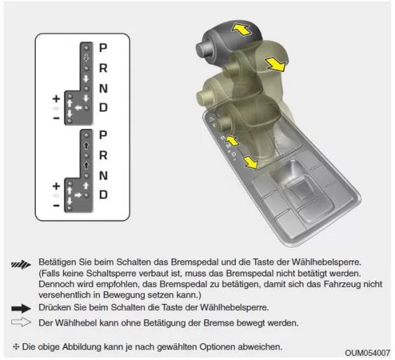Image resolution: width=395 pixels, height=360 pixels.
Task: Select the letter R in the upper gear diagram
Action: (103, 69)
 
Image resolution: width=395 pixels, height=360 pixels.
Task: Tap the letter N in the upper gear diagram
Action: (103, 89)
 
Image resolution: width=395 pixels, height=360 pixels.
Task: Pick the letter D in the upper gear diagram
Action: (103, 109)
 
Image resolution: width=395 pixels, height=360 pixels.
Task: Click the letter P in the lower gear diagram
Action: (103, 134)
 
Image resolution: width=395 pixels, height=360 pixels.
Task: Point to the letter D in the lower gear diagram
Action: (103, 194)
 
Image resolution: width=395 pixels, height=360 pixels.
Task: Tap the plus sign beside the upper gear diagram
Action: (56, 99)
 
